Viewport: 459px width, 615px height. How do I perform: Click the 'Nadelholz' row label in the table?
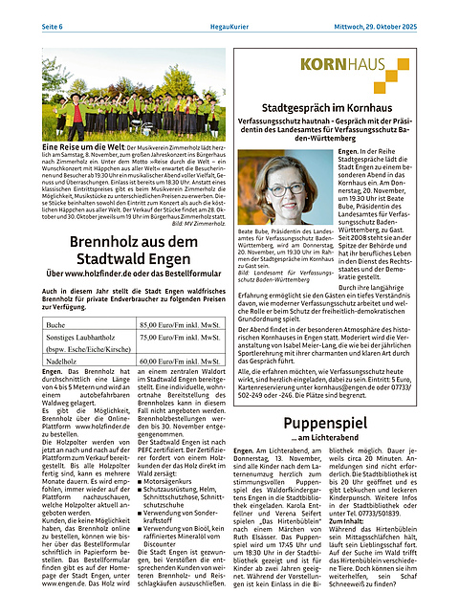64,363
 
